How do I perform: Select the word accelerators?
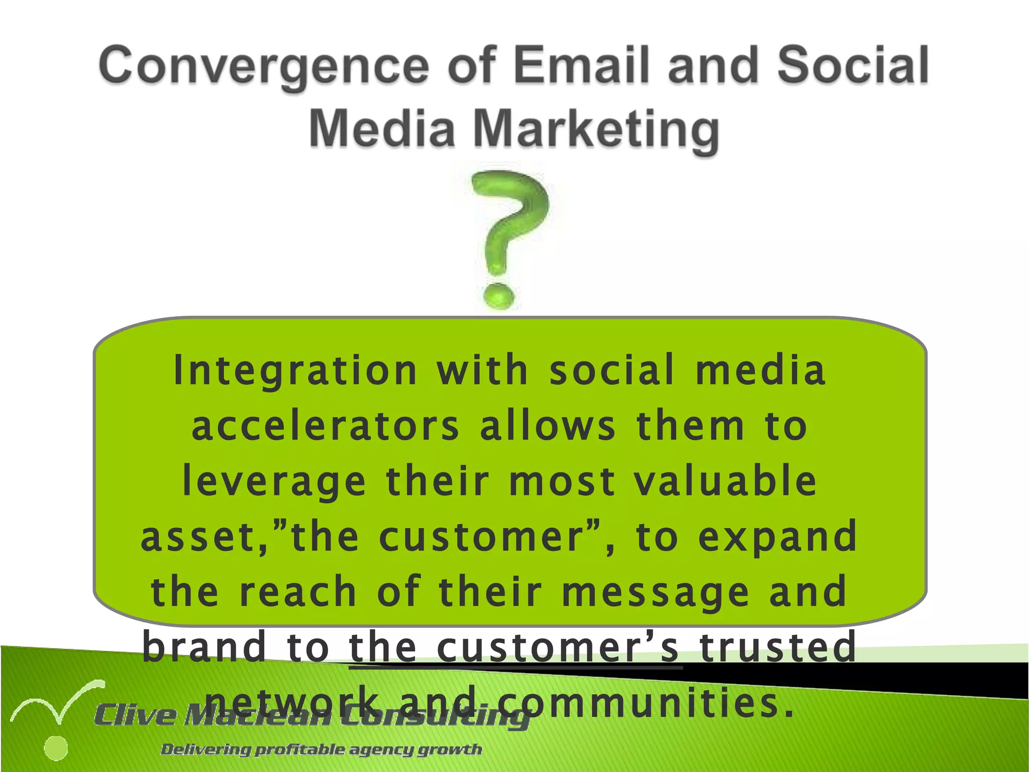pyautogui.click(x=326, y=426)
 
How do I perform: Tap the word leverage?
pyautogui.click(x=274, y=481)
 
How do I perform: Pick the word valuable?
pyautogui.click(x=725, y=481)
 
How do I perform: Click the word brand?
pyautogui.click(x=203, y=647)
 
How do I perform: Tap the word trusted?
pyautogui.click(x=778, y=647)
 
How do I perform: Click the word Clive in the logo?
pyautogui.click(x=136, y=715)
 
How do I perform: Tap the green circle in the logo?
pyautogui.click(x=56, y=748)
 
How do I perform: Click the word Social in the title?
pyautogui.click(x=853, y=65)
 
